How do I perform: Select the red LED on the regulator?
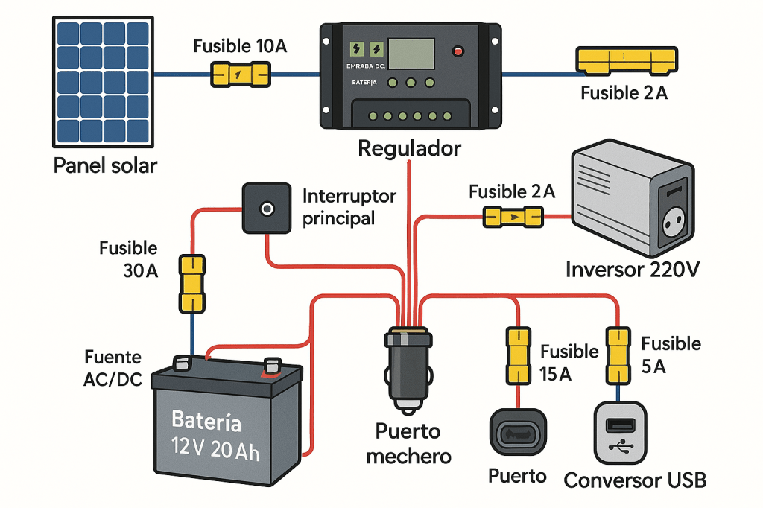pyautogui.click(x=458, y=51)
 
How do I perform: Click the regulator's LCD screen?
pyautogui.click(x=411, y=54)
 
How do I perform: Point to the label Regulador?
pyautogui.click(x=410, y=148)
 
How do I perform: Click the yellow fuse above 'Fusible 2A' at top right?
pyautogui.click(x=627, y=60)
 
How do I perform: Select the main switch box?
pyautogui.click(x=265, y=209)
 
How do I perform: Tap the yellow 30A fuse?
pyautogui.click(x=191, y=283)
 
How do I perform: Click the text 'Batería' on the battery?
pyautogui.click(x=206, y=421)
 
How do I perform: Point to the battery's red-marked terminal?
pyautogui.click(x=272, y=366)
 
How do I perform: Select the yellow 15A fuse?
pyautogui.click(x=518, y=353)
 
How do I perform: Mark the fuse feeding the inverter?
pyautogui.click(x=513, y=218)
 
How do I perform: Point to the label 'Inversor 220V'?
pyautogui.click(x=633, y=269)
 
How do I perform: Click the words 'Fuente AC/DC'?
pyautogui.click(x=113, y=369)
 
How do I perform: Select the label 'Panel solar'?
pyautogui.click(x=105, y=165)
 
